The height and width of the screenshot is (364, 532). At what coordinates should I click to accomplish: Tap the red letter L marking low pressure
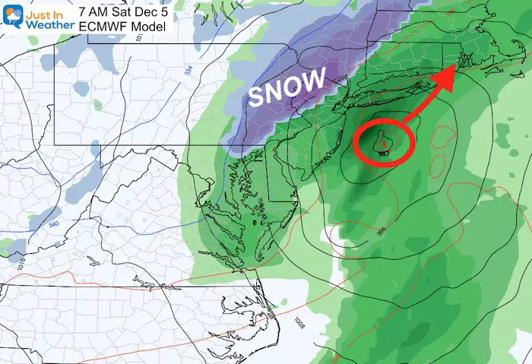tap(385, 141)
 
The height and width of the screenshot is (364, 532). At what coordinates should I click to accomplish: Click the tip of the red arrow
tap(454, 66)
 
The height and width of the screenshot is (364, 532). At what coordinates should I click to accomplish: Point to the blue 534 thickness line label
tap(187, 71)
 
